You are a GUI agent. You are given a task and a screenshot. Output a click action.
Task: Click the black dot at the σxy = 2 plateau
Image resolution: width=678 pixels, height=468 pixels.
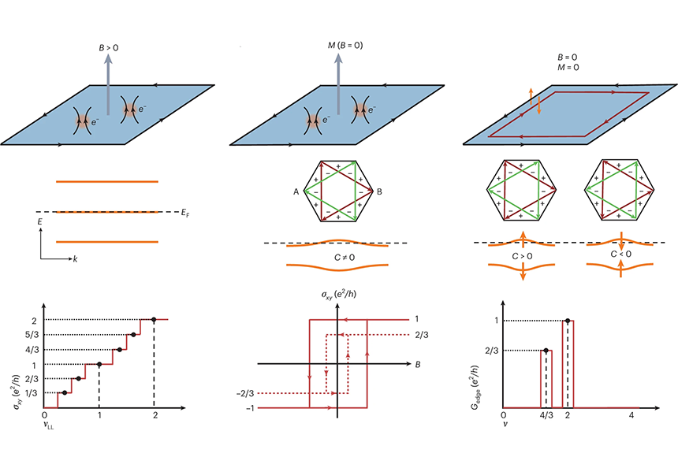154,319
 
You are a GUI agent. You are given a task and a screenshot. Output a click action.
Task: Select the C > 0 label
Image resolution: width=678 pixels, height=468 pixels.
523,257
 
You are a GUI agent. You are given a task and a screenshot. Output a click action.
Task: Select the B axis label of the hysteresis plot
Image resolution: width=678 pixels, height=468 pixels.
417,364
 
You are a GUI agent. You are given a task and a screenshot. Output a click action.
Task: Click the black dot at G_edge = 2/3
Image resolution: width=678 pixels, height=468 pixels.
545,350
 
